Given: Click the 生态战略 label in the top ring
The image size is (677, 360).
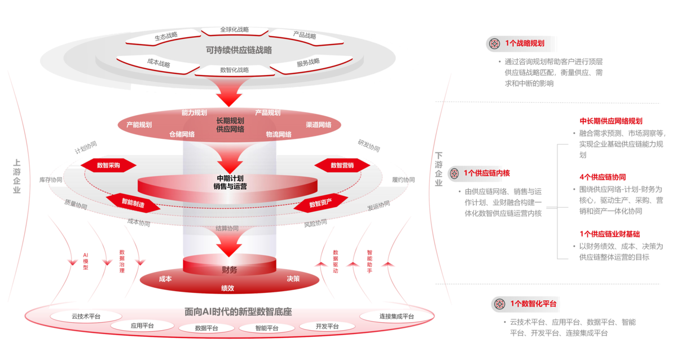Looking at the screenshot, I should click(x=166, y=36).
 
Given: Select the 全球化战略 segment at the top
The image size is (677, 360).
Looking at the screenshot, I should click(x=234, y=29).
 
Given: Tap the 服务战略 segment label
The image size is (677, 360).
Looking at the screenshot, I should click(x=308, y=63).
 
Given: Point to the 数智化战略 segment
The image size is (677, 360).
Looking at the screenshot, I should click(x=234, y=70).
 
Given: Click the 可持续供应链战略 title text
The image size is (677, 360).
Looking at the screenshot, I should click(x=239, y=50).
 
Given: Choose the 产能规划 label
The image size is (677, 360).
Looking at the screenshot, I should click(x=139, y=125).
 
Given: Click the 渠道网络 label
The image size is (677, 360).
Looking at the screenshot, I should click(x=318, y=125).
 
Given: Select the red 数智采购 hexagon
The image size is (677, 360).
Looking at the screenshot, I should click(x=108, y=165).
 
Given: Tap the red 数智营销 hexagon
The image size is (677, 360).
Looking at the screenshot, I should click(x=342, y=165).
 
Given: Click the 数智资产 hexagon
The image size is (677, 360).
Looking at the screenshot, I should click(x=320, y=202).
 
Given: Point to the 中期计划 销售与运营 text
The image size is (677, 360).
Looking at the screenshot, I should click(x=230, y=182).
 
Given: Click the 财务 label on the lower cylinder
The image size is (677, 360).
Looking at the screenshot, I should click(x=230, y=270).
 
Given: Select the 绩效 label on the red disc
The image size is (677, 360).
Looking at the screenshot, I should click(x=228, y=288).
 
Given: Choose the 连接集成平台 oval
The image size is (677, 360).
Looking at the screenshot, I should click(x=388, y=317).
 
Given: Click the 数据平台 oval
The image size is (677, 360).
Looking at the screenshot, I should click(x=204, y=327).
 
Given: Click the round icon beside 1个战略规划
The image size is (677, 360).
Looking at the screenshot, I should click(x=495, y=43).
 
